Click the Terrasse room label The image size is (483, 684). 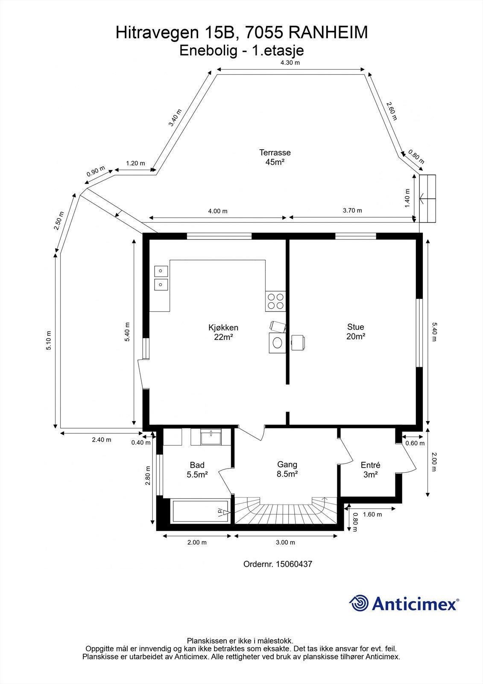275,157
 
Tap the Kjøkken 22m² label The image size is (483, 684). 223,332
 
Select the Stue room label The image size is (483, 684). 355,332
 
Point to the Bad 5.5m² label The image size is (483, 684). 197,469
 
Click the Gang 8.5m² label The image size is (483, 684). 287,469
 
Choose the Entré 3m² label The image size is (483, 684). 370,469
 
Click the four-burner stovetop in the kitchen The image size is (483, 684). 275,301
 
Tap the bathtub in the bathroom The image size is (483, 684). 201,511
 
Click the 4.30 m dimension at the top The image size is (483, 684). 290,63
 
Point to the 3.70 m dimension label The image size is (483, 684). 352,210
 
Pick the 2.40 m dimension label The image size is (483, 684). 102,439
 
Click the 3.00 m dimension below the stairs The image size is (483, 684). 285,542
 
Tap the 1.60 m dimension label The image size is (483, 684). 372,514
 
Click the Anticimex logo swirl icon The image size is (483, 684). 359,603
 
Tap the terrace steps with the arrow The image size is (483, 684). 427,199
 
